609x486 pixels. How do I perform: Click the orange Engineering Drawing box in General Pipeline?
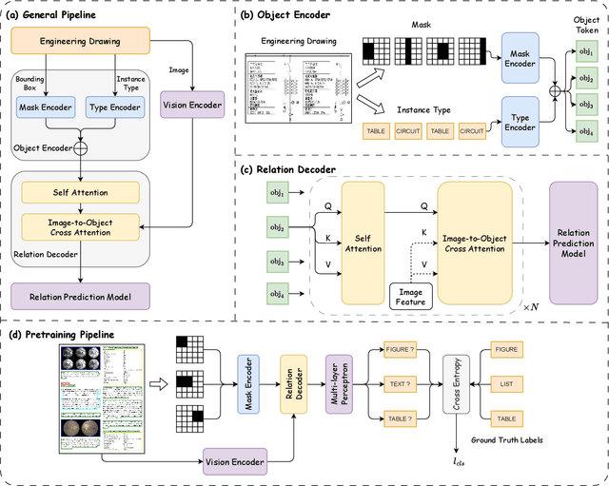[81, 41]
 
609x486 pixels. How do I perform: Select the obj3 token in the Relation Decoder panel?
[277, 260]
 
